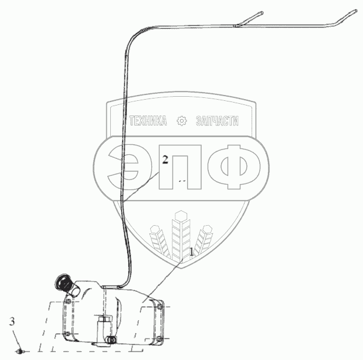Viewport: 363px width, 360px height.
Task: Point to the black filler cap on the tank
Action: coord(62,283)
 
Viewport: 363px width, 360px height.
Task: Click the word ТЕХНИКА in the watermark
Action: coord(147,121)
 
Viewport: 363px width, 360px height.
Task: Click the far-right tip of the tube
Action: coord(355,11)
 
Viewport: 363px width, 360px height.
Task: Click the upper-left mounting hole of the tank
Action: coord(69,301)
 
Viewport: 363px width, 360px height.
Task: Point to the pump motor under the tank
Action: coord(105,328)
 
